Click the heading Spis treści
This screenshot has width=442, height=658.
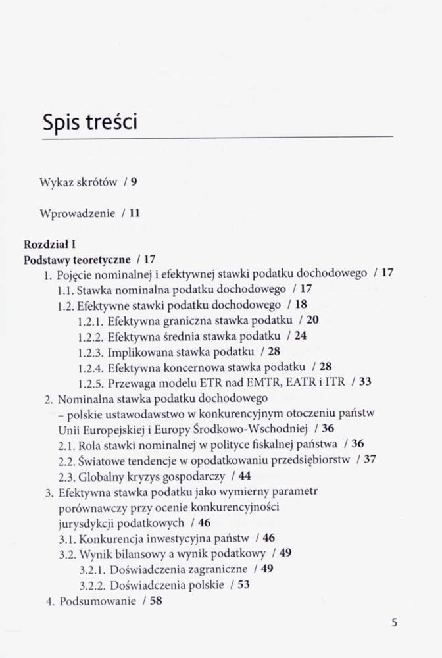click(89, 122)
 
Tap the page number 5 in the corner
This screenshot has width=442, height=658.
click(395, 622)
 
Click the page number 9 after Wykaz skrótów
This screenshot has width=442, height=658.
click(134, 182)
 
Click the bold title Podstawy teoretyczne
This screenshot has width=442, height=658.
click(77, 259)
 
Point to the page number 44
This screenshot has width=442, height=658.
click(245, 475)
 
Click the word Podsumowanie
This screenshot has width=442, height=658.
click(98, 601)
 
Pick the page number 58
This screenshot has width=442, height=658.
click(155, 601)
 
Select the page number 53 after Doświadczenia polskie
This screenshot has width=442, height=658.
click(243, 584)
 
